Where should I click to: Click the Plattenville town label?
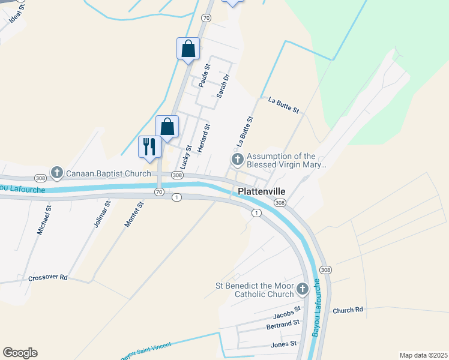point(261,191)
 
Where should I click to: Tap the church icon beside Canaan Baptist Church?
point(57,173)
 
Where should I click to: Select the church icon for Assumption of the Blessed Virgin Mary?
point(237,160)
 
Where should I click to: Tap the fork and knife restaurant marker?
point(149,146)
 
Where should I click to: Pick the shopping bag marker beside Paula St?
point(188,48)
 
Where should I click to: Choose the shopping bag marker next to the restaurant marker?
point(167,127)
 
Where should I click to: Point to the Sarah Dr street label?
point(223,86)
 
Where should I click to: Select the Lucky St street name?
point(186,156)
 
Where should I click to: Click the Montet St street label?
point(134,214)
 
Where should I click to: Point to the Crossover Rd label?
point(47,278)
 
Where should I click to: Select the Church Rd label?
point(348,310)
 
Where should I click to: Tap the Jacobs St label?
point(286,313)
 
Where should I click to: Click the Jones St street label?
point(283,344)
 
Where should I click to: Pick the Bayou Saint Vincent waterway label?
point(146,350)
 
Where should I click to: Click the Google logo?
point(20,353)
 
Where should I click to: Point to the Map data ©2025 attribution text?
point(423,355)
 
